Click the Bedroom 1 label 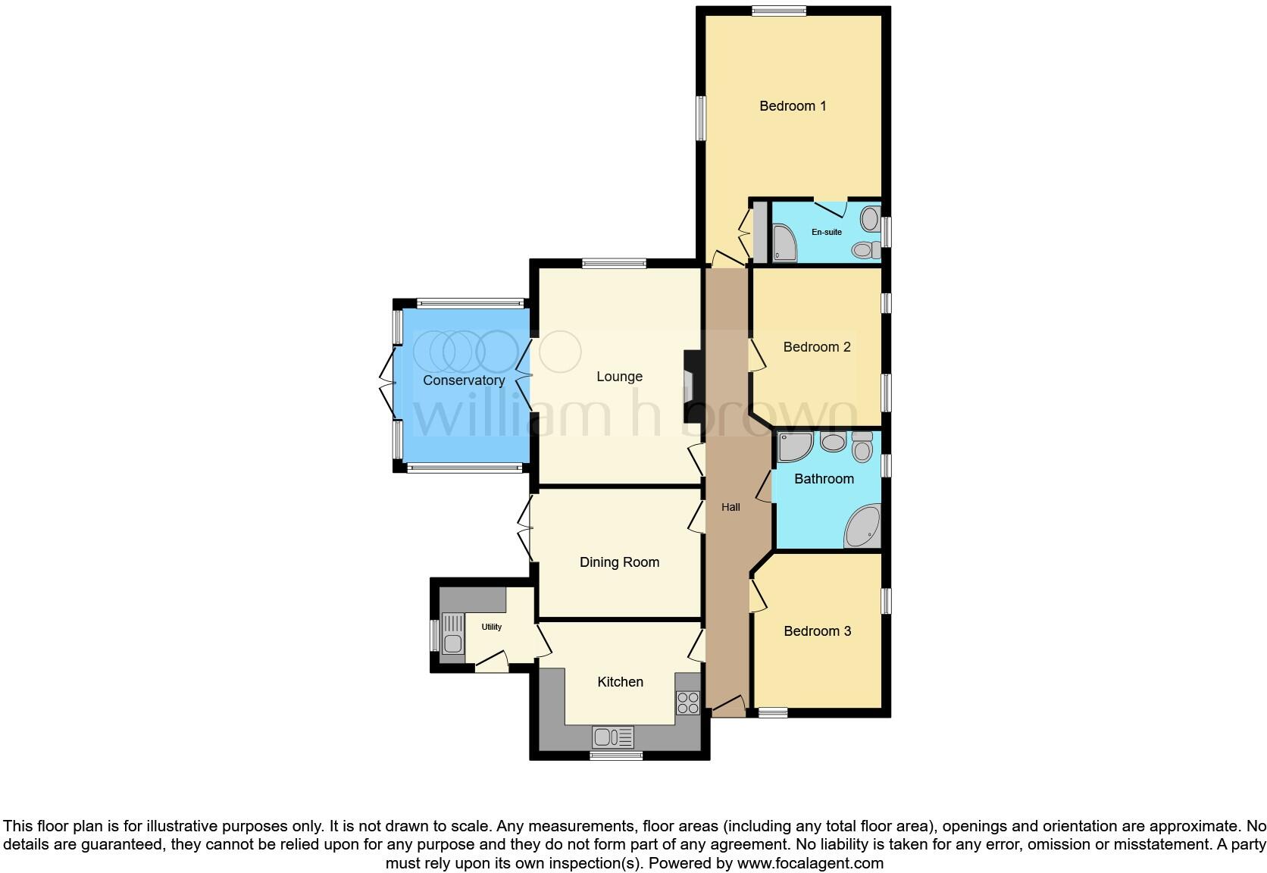point(793,106)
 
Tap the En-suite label point(827,232)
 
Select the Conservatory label point(464,380)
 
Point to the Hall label point(730,507)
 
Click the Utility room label point(492,627)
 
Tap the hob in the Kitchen point(688,703)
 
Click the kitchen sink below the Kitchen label point(614,737)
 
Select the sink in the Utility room point(453,635)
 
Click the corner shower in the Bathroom point(793,446)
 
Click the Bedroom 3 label point(817,631)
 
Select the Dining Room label point(619,562)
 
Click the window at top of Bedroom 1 point(779,11)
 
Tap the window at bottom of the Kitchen point(616,755)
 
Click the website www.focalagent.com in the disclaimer point(810,863)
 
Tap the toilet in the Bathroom point(862,447)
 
